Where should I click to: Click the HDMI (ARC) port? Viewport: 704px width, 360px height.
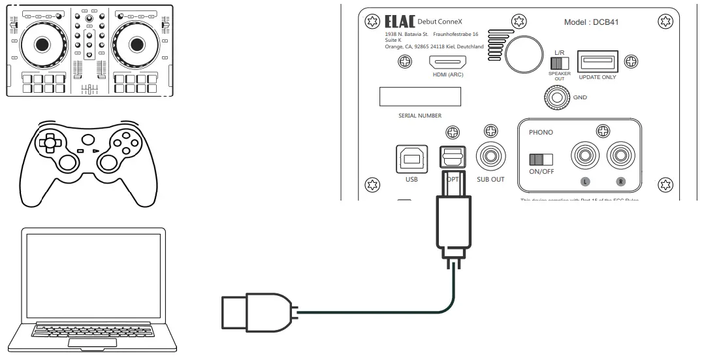[x=447, y=63]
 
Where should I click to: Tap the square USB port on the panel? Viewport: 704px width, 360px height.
[x=411, y=159]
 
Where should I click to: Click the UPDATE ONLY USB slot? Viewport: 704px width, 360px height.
[x=597, y=63]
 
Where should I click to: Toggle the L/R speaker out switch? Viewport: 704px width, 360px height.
[x=560, y=63]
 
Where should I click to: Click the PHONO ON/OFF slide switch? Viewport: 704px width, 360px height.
[x=541, y=159]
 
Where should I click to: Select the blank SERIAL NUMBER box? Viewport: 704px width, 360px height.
[x=421, y=97]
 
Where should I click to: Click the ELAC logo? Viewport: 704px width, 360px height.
[x=396, y=22]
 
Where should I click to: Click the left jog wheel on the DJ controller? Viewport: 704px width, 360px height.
[x=41, y=44]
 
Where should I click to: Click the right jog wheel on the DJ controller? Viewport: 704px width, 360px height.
[x=136, y=44]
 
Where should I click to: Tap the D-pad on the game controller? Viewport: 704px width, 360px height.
[x=50, y=142]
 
